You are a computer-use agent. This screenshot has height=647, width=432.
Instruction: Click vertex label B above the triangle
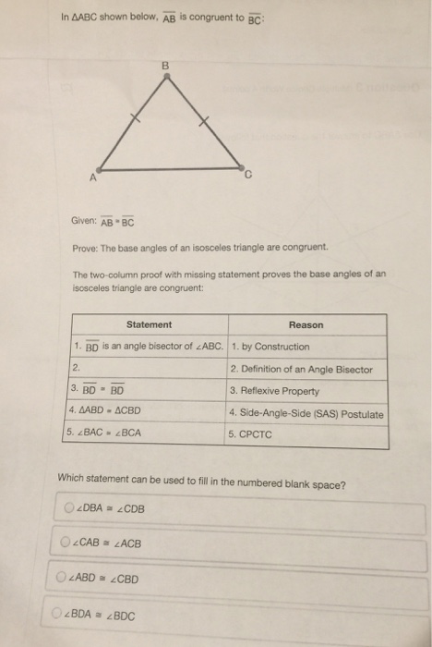pos(165,66)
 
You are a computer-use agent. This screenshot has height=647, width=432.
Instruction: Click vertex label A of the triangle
pos(94,178)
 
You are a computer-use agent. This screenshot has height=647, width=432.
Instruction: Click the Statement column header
pos(149,324)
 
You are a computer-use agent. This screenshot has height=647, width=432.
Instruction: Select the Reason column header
pos(306,324)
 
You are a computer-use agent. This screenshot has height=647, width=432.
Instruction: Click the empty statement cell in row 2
pos(148,370)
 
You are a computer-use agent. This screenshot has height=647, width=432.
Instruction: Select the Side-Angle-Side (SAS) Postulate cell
pos(305,413)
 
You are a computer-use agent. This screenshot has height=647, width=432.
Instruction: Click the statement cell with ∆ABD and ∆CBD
pos(104,410)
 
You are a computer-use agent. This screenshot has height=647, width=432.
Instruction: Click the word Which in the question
pos(73,481)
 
